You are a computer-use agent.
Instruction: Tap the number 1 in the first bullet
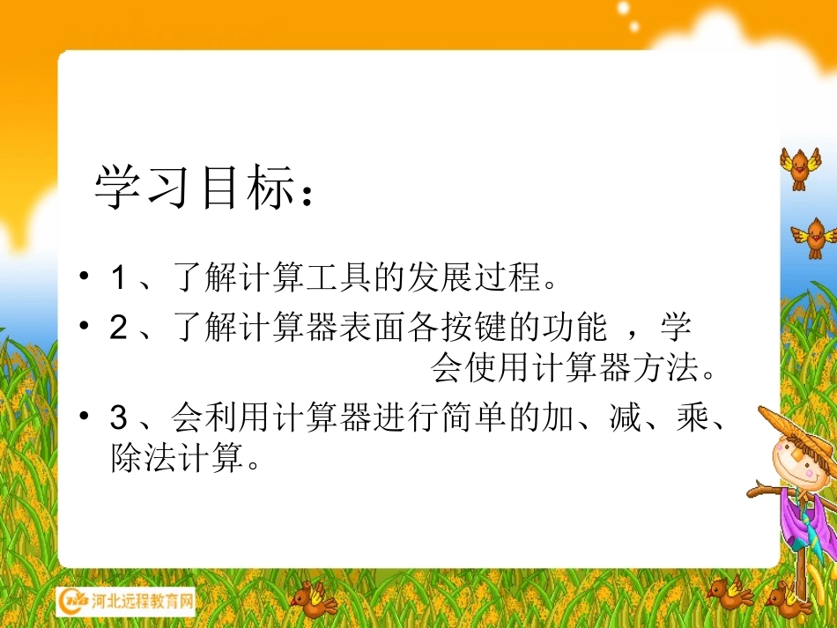click(x=118, y=279)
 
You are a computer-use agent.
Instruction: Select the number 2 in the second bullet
click(x=118, y=329)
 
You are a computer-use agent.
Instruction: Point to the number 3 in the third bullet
click(x=118, y=417)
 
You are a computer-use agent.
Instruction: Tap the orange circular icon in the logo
click(x=72, y=602)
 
